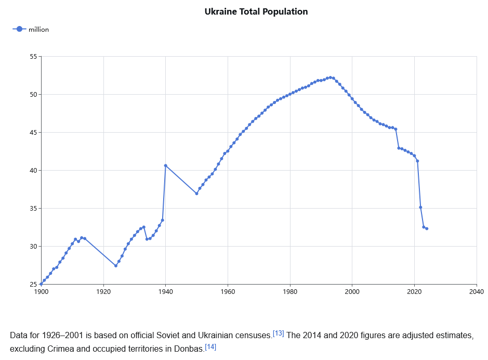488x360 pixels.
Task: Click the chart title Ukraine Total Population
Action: [x=256, y=11]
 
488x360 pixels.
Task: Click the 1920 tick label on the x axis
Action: [x=103, y=291]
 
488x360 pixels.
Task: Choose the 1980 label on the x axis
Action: [x=290, y=291]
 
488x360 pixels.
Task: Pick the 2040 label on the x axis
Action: [x=477, y=291]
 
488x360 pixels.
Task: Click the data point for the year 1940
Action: [x=166, y=165]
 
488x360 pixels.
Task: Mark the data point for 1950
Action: [x=196, y=194]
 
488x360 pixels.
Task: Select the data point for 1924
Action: [x=116, y=266]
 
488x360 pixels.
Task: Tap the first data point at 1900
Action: [x=41, y=284]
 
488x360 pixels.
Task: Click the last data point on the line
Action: [x=427, y=228]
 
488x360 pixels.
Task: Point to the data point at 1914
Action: [x=85, y=238]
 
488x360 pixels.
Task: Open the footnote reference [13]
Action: [x=278, y=333]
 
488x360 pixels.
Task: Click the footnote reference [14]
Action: [x=210, y=346]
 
